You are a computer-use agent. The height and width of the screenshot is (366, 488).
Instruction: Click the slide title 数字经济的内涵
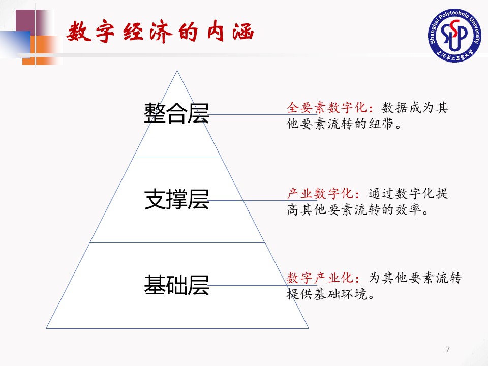(x=160, y=33)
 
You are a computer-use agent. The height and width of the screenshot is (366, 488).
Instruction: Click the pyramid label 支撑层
(x=176, y=200)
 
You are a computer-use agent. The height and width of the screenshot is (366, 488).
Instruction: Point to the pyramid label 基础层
(x=176, y=285)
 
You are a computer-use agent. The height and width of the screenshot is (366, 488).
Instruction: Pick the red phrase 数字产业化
(x=320, y=278)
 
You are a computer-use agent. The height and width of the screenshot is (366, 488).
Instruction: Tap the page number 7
(x=447, y=349)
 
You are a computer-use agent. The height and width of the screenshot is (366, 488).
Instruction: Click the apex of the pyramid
(x=177, y=71)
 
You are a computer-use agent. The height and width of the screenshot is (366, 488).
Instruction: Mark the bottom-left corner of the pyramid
(x=47, y=328)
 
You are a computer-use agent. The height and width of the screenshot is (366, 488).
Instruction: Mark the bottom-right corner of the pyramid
(x=308, y=328)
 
